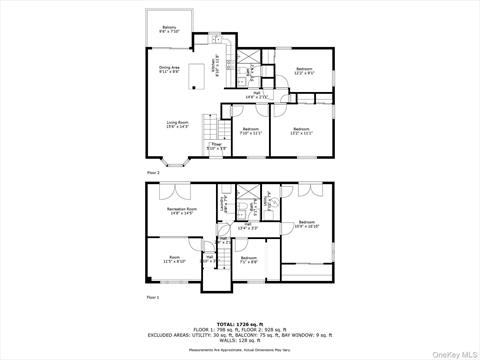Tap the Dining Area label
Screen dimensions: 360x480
[x=169, y=70]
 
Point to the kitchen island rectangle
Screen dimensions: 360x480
[x=198, y=73]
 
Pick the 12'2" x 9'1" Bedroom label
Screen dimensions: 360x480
[x=304, y=70]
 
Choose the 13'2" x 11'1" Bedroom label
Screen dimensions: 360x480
[x=301, y=130]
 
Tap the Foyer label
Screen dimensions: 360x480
[x=216, y=147]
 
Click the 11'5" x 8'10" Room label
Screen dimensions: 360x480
[x=174, y=259]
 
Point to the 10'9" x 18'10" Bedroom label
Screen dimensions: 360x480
[x=306, y=224]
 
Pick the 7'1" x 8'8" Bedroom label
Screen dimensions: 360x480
[x=249, y=260]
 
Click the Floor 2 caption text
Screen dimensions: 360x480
[x=153, y=173]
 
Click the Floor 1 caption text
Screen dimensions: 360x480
[x=153, y=298]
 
